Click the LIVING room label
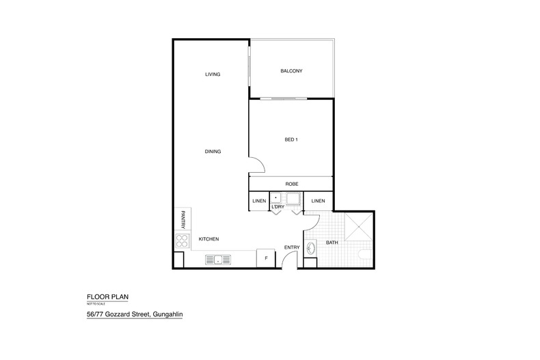pyautogui.click(x=213, y=74)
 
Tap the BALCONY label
pyautogui.click(x=291, y=71)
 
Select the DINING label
pyautogui.click(x=213, y=151)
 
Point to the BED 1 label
pyautogui.click(x=291, y=140)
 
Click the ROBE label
pyautogui.click(x=291, y=184)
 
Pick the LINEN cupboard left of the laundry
pyautogui.click(x=259, y=201)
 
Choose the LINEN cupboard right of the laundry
pyautogui.click(x=318, y=201)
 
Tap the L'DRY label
pyautogui.click(x=278, y=206)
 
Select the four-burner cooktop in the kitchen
pyautogui.click(x=182, y=240)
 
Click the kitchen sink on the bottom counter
pyautogui.click(x=218, y=260)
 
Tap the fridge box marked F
pyautogui.click(x=265, y=259)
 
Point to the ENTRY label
pyautogui.click(x=292, y=247)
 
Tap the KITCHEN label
pyautogui.click(x=208, y=239)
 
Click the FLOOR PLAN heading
pyautogui.click(x=107, y=296)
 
